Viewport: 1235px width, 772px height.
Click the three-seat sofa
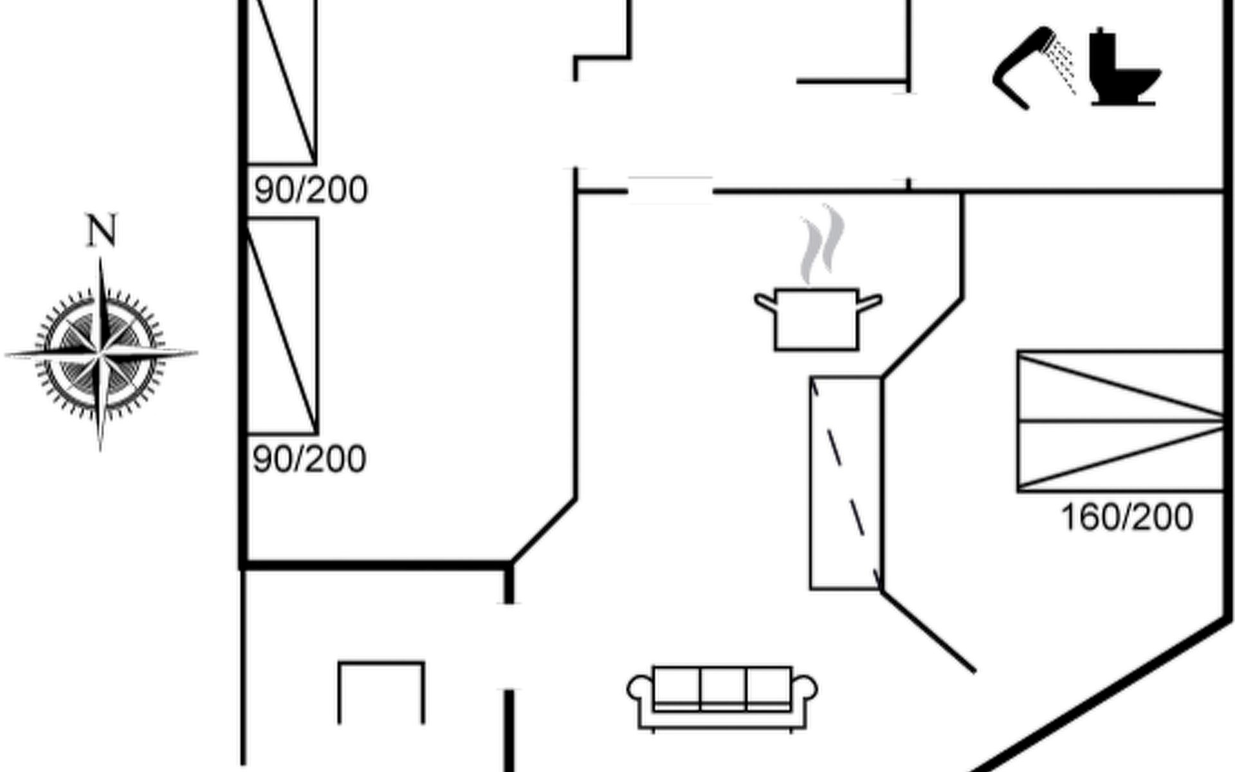coord(722,697)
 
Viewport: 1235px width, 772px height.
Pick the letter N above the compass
coord(102,231)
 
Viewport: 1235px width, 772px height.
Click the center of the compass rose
coord(100,353)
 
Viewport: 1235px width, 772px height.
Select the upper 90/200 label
coord(311,190)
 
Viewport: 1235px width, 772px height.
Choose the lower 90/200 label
coord(309,459)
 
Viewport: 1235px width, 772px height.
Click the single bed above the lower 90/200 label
coord(282,326)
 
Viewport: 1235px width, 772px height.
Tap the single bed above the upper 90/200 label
coord(282,80)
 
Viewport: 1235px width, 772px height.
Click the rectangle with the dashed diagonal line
coord(845,482)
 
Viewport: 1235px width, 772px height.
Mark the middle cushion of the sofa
coord(723,688)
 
